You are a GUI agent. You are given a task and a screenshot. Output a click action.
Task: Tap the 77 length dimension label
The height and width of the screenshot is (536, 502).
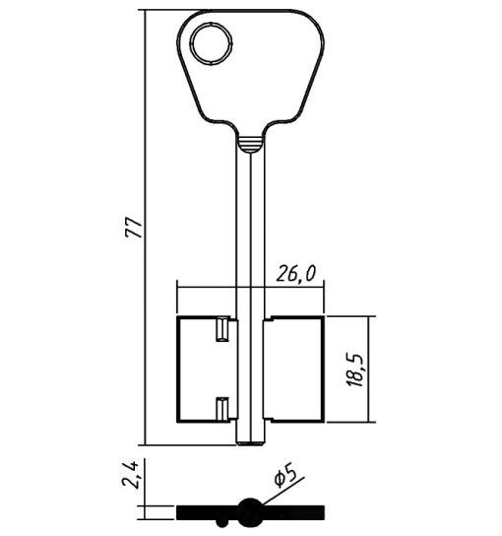(133, 228)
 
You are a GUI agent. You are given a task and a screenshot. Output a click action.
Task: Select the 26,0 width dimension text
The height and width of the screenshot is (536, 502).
(295, 274)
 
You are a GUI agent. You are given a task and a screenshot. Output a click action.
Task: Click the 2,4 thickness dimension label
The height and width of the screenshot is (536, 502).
(130, 474)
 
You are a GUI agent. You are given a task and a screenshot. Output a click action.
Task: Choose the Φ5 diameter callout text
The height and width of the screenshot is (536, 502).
(284, 475)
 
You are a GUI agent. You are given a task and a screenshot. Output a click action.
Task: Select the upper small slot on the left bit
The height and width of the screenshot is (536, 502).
(222, 329)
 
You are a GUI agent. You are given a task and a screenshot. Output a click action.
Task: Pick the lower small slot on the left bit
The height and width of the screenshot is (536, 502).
(222, 409)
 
